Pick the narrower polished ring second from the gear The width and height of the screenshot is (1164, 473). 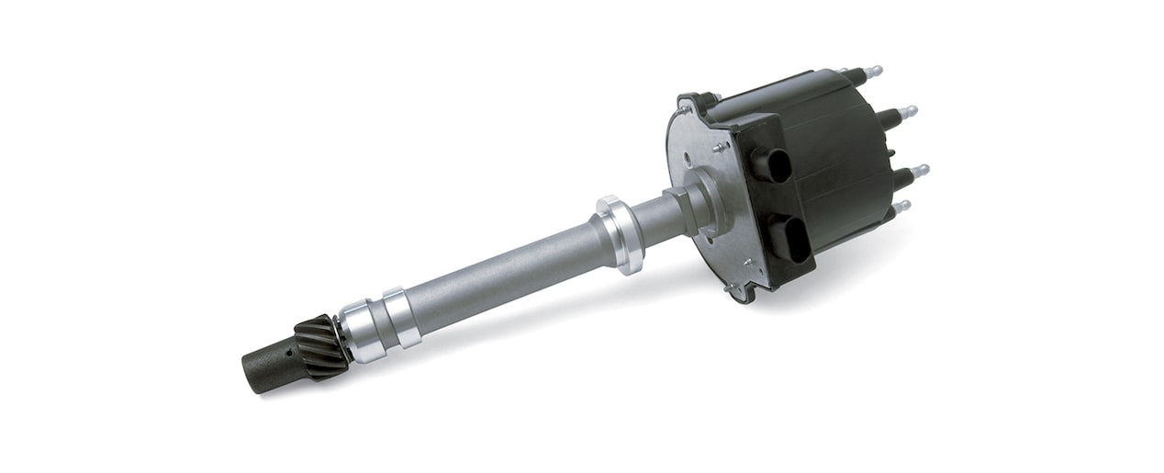click(x=401, y=316)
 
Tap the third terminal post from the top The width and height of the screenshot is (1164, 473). click(x=914, y=172)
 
